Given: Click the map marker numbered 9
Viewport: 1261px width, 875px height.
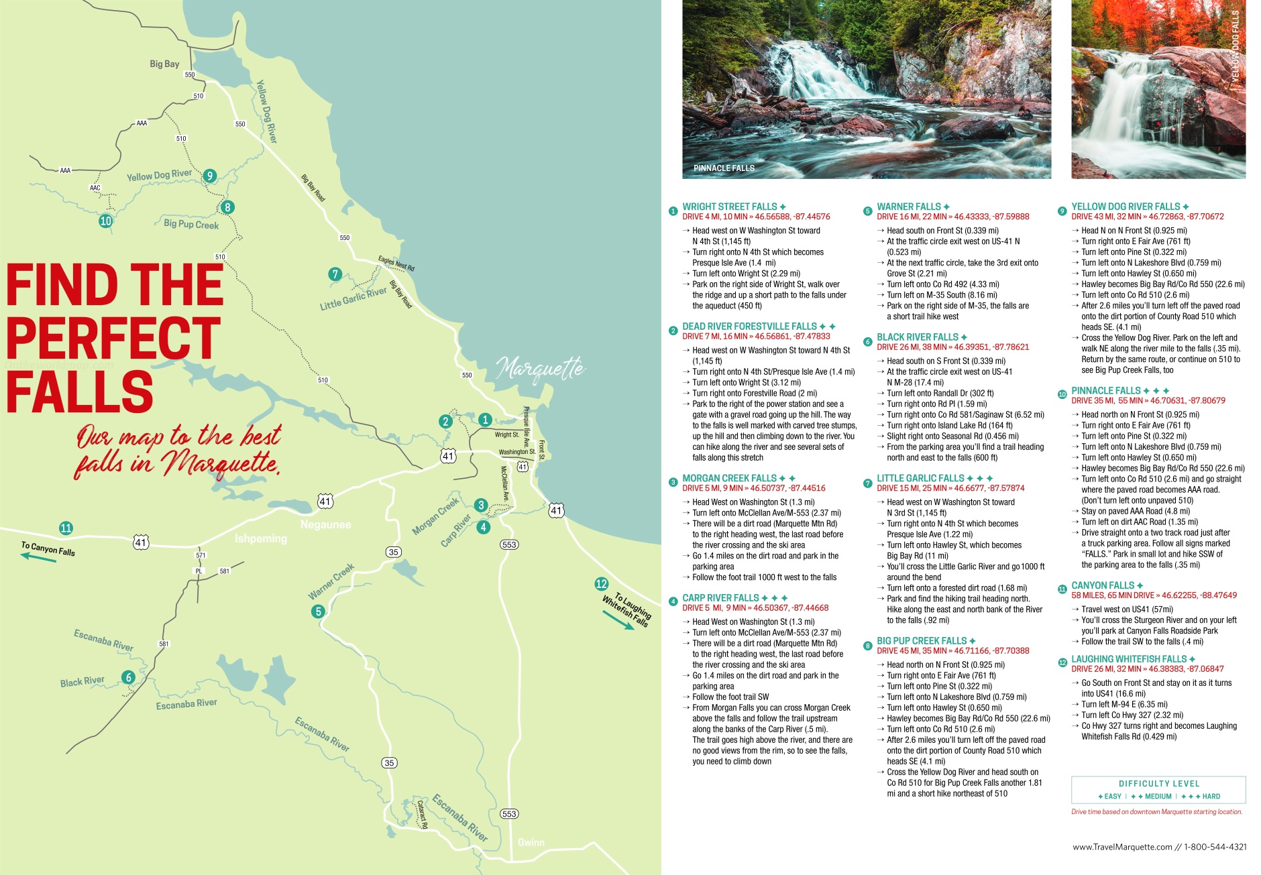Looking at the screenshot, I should click(x=210, y=176).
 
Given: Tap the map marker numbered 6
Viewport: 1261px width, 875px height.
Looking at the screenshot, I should click(x=129, y=677).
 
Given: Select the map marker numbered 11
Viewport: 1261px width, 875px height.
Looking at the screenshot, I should click(x=66, y=528).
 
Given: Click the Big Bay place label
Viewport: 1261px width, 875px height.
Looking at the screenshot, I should click(x=164, y=64).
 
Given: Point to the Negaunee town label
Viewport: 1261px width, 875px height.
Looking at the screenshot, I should click(x=325, y=524).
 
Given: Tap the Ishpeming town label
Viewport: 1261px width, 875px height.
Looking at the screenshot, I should click(x=260, y=538).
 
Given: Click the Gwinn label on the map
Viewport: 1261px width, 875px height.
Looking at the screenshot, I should click(x=531, y=842).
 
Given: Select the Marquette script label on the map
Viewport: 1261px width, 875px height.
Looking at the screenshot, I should click(x=540, y=369).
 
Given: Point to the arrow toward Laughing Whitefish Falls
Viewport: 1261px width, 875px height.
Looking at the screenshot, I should click(x=618, y=620).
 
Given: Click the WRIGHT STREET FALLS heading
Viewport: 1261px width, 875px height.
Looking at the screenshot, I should click(x=729, y=207).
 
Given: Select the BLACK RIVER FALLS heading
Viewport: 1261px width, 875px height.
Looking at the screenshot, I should click(x=917, y=337).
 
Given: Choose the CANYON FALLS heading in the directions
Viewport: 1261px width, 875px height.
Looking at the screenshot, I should click(x=1102, y=585).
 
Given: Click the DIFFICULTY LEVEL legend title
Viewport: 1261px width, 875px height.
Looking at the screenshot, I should click(x=1158, y=783).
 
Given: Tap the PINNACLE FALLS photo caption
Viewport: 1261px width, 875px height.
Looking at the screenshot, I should click(x=723, y=168).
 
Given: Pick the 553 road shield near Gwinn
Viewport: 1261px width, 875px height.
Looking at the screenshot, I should click(x=509, y=813).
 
